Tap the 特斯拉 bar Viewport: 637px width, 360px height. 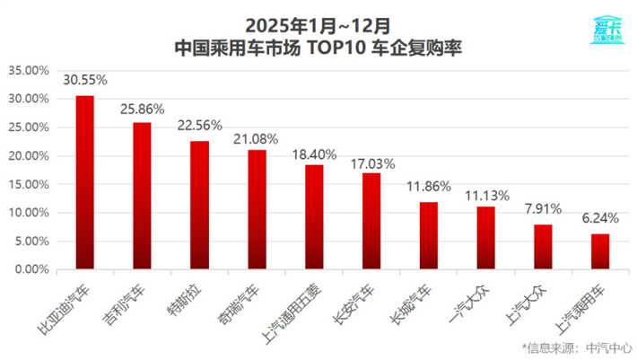pos(199,205)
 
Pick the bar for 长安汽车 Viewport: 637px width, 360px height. pos(371,221)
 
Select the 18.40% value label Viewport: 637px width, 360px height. pos(314,154)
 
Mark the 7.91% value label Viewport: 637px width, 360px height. pos(544,208)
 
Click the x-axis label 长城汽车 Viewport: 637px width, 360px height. pos(414,296)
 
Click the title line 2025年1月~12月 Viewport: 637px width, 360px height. pos(318,21)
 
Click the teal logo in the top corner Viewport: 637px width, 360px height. pos(607,30)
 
